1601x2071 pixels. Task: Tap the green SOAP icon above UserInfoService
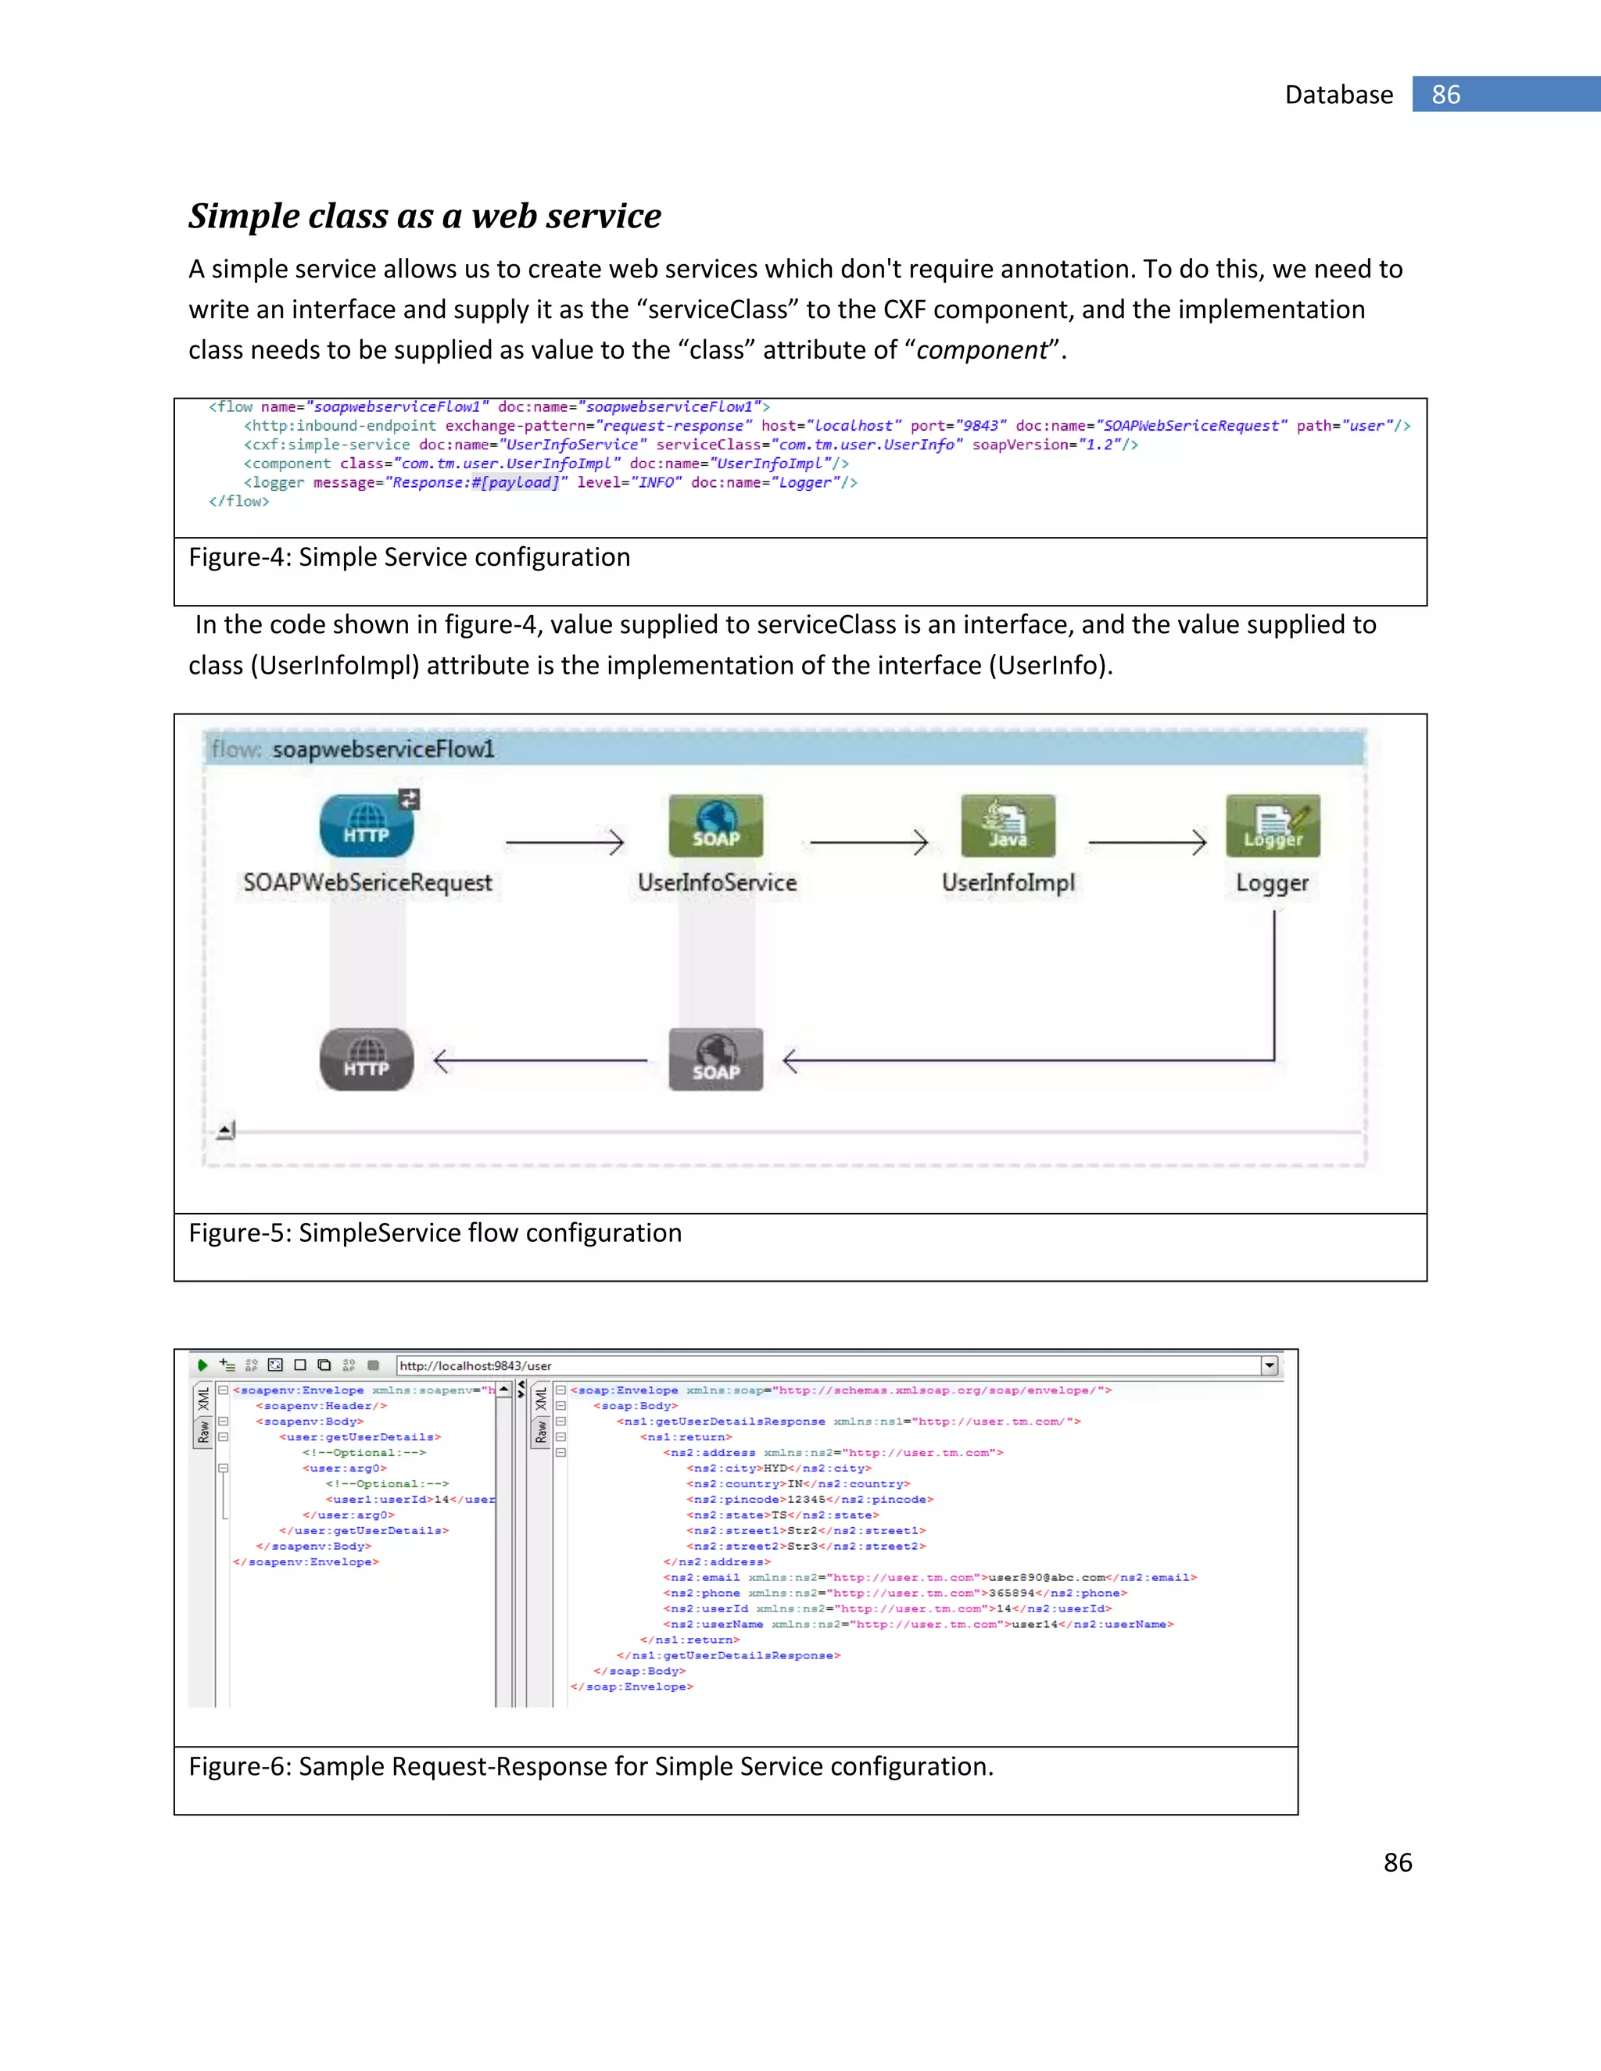coord(715,825)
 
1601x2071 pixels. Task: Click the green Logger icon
coord(1273,825)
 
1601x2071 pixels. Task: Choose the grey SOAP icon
coord(715,1059)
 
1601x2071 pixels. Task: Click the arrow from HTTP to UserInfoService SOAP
coord(564,842)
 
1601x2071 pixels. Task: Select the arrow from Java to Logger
coord(1147,842)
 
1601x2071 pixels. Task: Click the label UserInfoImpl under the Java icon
coord(1008,883)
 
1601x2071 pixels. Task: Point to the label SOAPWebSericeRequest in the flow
coord(368,883)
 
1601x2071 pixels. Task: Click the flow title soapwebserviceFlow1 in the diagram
coord(383,749)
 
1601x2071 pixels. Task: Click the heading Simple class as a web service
coord(425,216)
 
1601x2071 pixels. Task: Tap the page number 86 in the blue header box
coord(1445,95)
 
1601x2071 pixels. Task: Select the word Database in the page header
coord(1338,95)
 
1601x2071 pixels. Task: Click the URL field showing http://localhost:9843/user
coord(826,1365)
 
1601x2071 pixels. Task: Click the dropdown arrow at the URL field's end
coord(1269,1365)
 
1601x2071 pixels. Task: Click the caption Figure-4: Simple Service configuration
coord(410,557)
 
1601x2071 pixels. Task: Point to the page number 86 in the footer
coord(1397,1862)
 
